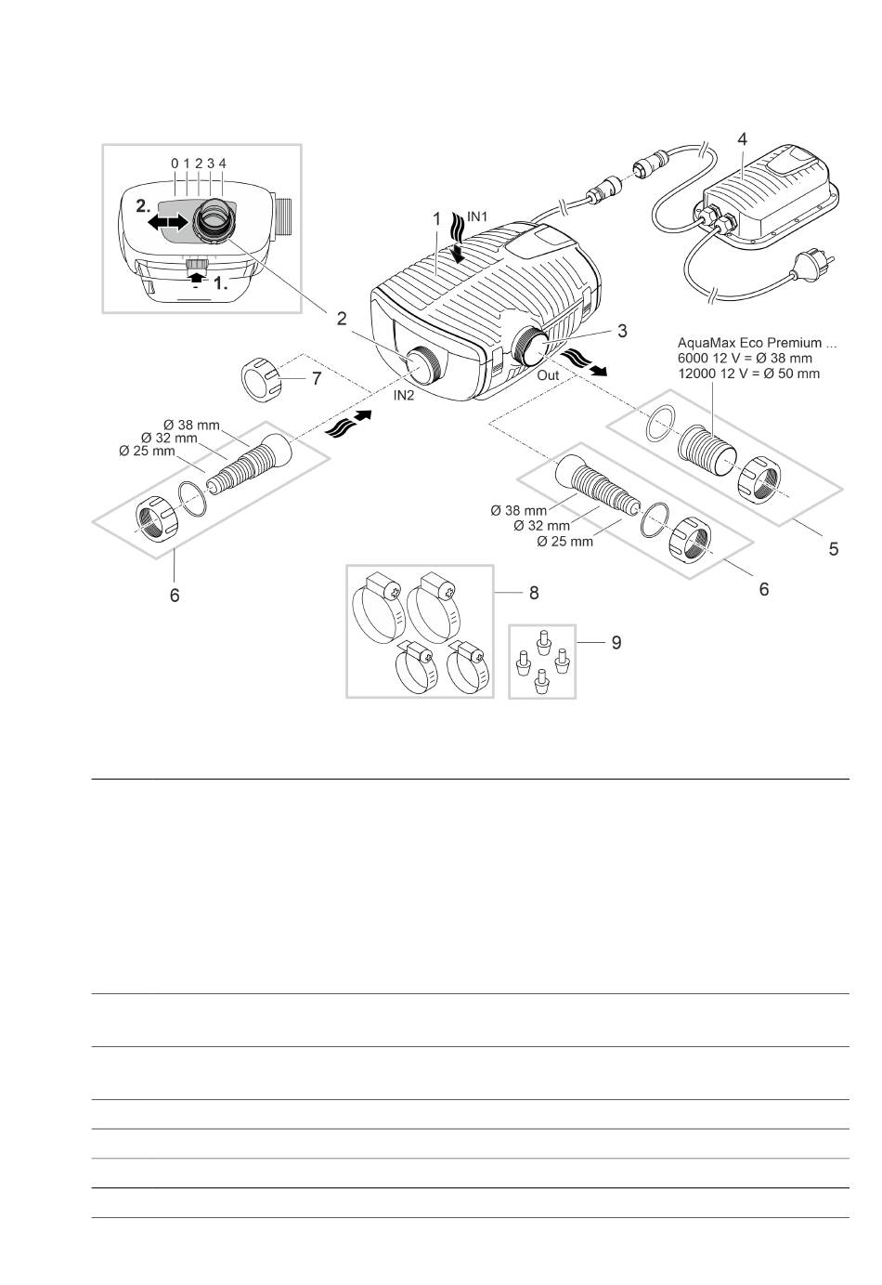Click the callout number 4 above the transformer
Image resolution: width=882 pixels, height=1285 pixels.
tap(742, 139)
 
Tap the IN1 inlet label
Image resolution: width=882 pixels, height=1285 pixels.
tap(477, 216)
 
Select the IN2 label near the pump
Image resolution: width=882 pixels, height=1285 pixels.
tap(404, 395)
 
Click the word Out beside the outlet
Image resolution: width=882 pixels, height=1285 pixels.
tap(548, 375)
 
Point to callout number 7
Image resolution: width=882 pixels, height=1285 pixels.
tap(317, 378)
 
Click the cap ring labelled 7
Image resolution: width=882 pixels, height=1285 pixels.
tap(261, 379)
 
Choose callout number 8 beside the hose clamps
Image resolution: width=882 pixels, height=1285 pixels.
tap(534, 593)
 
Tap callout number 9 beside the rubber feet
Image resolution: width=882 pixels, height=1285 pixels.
tap(616, 643)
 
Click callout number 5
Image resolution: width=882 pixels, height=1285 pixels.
tap(834, 549)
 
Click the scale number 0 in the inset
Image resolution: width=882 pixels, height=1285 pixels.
tap(175, 164)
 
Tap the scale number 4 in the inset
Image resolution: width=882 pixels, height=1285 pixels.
tap(223, 164)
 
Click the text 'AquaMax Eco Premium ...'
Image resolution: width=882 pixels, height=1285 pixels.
tap(757, 343)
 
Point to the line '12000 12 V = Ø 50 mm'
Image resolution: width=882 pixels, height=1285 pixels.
tap(748, 374)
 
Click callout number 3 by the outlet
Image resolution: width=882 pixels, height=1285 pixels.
tap(622, 331)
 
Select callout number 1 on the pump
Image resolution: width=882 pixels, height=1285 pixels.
tap(436, 219)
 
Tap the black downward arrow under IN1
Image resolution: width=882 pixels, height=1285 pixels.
tap(458, 255)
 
